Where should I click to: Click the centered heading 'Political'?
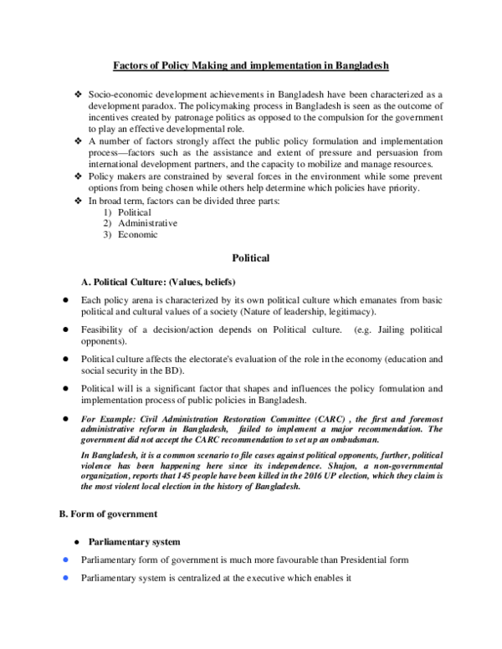[251, 258]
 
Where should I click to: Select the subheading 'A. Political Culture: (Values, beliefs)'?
[160, 280]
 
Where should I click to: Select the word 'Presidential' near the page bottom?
[366, 560]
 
